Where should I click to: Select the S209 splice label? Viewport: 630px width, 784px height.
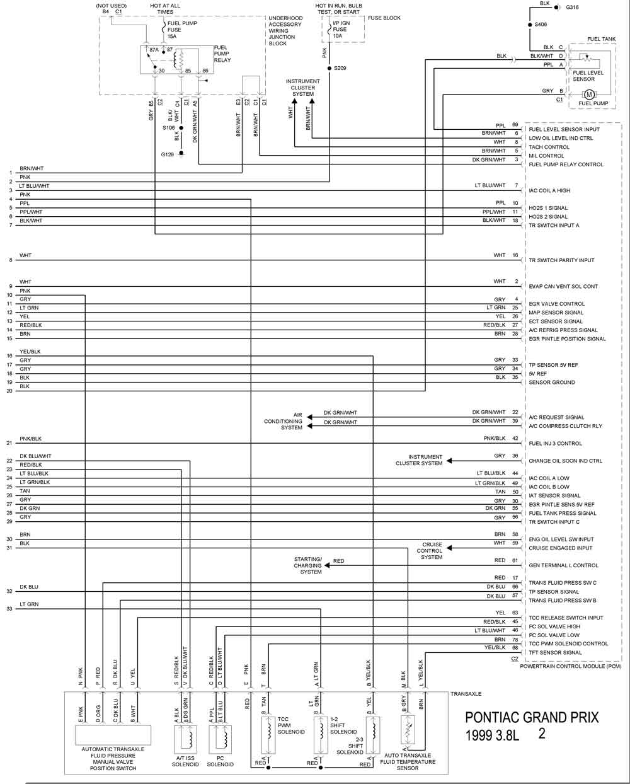click(340, 67)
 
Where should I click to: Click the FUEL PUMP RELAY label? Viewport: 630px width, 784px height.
click(222, 54)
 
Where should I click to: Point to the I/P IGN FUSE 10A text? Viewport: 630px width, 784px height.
click(340, 30)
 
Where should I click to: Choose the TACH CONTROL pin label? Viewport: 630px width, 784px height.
click(549, 147)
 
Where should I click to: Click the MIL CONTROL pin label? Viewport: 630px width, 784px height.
click(546, 156)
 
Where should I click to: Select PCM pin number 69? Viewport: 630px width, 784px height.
click(515, 125)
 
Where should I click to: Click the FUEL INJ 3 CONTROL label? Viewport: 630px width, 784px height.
click(555, 443)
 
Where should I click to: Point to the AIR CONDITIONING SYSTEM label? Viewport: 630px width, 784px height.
click(283, 421)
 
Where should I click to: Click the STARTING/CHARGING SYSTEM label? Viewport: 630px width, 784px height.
click(307, 565)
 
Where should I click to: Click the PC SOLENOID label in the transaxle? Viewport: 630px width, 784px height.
click(220, 761)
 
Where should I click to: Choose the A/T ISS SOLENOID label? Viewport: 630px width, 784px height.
click(185, 761)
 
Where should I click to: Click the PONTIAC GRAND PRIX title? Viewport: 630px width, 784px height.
click(531, 718)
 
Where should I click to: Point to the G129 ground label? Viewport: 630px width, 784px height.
click(166, 154)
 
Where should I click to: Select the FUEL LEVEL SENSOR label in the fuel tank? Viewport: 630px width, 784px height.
click(588, 76)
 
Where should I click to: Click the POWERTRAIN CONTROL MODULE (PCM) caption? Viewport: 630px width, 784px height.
click(571, 666)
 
